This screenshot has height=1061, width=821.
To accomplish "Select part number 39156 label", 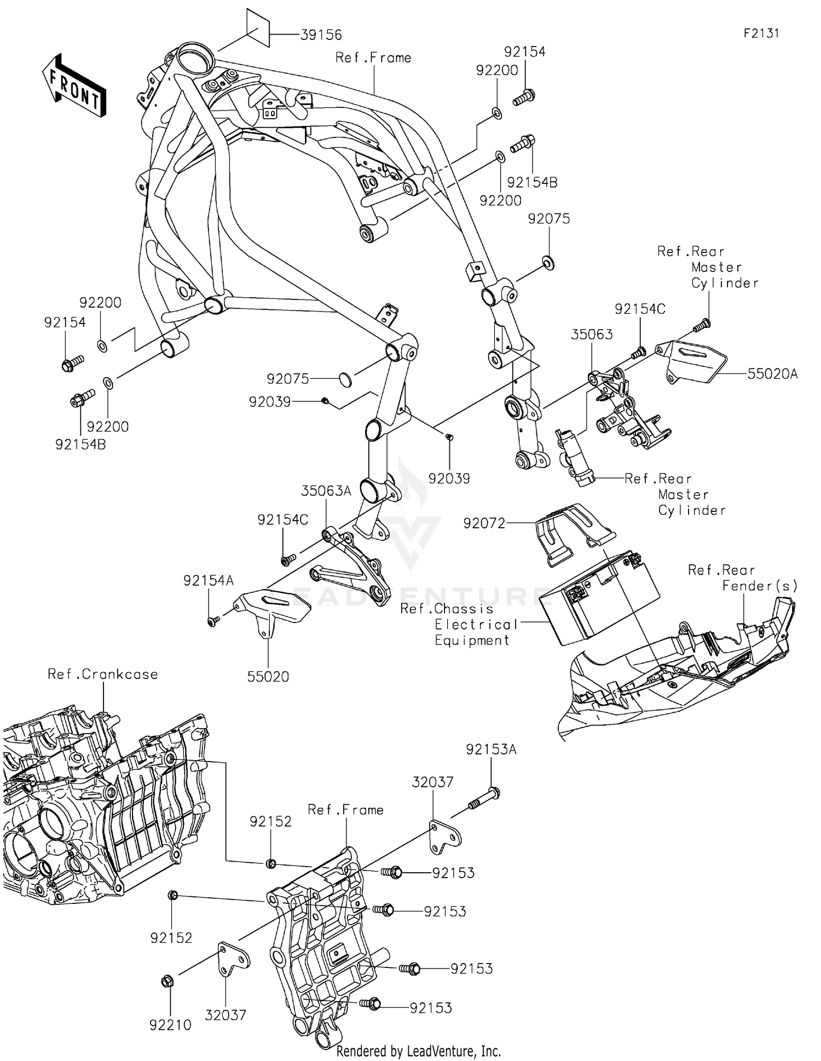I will click(x=321, y=35).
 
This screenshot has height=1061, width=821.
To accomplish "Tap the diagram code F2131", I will click(x=761, y=33).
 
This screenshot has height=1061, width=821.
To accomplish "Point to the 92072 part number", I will click(x=484, y=523).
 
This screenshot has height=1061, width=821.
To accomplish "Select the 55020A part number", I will click(x=772, y=374).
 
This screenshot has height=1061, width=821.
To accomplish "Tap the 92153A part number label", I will click(x=491, y=749).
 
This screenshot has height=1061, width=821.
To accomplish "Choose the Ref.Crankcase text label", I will click(x=103, y=674).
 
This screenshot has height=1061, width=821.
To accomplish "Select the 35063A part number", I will click(x=326, y=491).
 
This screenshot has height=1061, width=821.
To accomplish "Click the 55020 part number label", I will click(x=268, y=677).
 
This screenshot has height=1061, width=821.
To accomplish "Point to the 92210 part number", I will click(x=170, y=1025).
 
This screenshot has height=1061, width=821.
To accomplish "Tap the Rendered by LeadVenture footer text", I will click(x=419, y=1051).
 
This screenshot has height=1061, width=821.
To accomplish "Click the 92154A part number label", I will click(x=209, y=581).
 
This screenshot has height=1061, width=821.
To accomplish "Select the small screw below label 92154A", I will click(x=213, y=621).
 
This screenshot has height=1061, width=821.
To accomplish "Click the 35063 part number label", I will click(x=592, y=335).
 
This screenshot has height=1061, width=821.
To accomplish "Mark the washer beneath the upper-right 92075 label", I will click(x=548, y=262).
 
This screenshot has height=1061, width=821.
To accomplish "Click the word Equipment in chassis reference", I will click(x=472, y=641).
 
